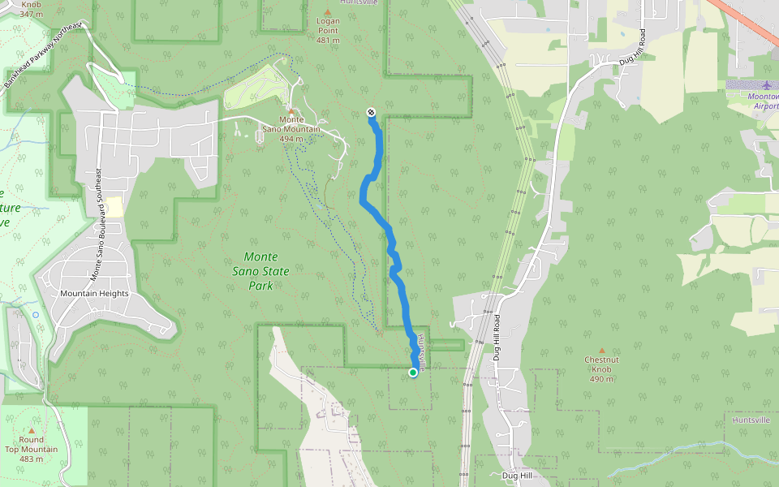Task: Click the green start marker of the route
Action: [x=413, y=373]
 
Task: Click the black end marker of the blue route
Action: [x=371, y=112]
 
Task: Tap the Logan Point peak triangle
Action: [x=328, y=12]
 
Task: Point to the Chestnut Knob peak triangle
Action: [x=602, y=350]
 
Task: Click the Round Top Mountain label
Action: [x=32, y=449]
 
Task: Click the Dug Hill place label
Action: [x=515, y=476]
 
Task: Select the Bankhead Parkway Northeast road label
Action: [x=42, y=56]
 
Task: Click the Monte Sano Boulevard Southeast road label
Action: [x=97, y=225]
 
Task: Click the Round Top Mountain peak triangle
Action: [x=32, y=430]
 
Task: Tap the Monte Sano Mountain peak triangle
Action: [x=291, y=110]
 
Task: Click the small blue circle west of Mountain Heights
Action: [x=36, y=314]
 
